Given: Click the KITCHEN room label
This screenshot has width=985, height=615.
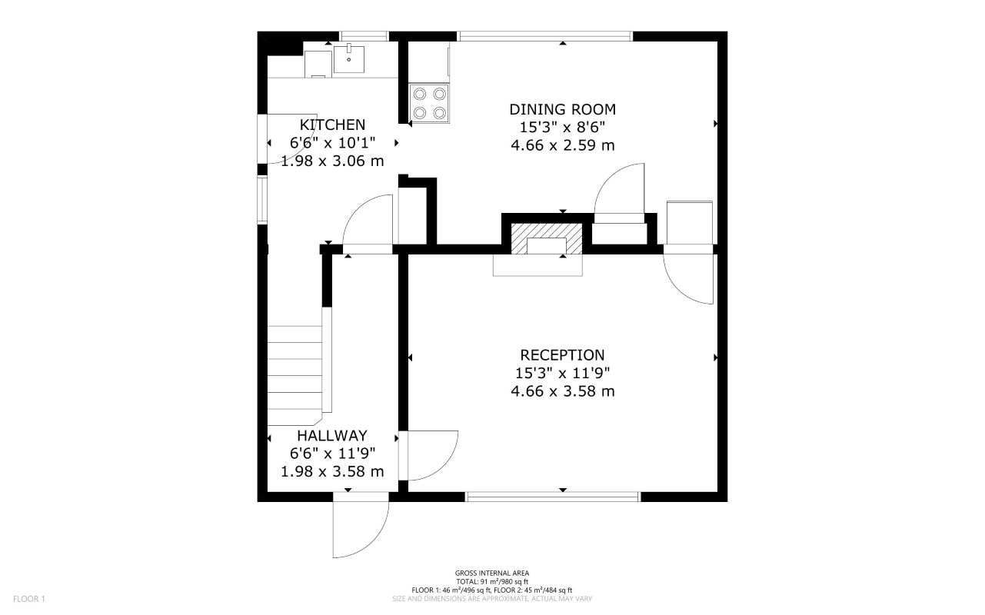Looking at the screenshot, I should pos(332,125).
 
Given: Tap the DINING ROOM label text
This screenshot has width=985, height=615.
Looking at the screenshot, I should pos(562,109).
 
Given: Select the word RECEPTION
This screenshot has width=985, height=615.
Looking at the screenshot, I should pos(562,355).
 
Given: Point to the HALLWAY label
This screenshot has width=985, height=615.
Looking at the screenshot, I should pos(332,436).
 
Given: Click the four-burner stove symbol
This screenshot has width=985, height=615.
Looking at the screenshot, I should pos(430,103).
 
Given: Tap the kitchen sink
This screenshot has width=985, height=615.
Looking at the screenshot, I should pos(350,58).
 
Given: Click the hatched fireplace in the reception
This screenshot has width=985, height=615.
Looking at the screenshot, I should pos(547,241).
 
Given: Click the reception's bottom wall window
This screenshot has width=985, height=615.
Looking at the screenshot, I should pos(553,497).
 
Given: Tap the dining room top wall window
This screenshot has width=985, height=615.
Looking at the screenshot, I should pos(544,35).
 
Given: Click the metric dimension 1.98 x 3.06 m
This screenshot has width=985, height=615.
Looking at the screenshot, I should pos(332,161).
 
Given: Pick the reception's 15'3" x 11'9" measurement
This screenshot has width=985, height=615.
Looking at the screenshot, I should pos(562,374).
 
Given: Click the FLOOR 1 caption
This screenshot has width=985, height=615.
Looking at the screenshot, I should pos(29,599).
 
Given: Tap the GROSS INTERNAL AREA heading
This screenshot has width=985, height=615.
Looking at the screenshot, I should pos(491,573).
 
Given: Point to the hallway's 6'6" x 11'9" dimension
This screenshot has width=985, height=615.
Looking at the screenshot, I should pos(332,454).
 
